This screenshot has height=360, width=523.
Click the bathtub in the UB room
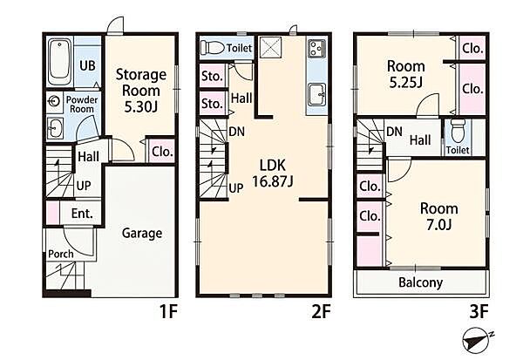[x=59, y=62]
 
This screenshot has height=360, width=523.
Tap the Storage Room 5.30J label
[x=141, y=91]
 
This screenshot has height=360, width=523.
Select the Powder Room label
[x=82, y=105]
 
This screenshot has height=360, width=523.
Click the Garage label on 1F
[x=142, y=233]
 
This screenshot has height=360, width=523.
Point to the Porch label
[x=61, y=254]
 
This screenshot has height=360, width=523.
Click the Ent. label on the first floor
[x=82, y=214]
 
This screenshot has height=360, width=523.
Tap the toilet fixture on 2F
[x=212, y=48]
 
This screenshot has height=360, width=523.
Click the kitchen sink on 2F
[x=316, y=94]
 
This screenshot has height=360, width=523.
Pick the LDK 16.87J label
[x=273, y=173]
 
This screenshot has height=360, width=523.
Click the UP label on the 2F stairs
[x=236, y=189]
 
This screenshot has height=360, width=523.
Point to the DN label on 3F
[x=394, y=132]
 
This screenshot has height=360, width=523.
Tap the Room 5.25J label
[x=406, y=74]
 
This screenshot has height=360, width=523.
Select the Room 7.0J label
[x=439, y=216]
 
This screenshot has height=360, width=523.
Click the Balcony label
[x=421, y=282]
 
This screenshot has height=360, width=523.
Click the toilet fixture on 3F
[x=457, y=131]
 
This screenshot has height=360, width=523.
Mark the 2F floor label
[x=321, y=312]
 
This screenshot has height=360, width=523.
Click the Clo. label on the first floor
[x=162, y=152]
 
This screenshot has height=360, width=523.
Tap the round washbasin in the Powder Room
[x=54, y=101]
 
